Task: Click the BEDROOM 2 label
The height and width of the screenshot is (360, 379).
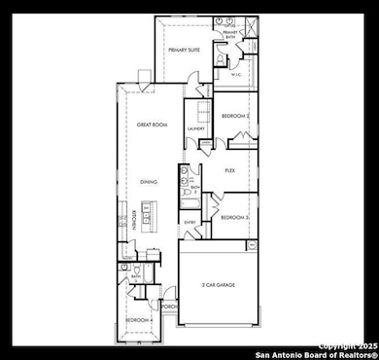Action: click(236, 116)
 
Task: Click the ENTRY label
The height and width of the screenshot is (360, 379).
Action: click(190, 223)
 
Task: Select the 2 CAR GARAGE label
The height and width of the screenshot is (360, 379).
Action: click(221, 285)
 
